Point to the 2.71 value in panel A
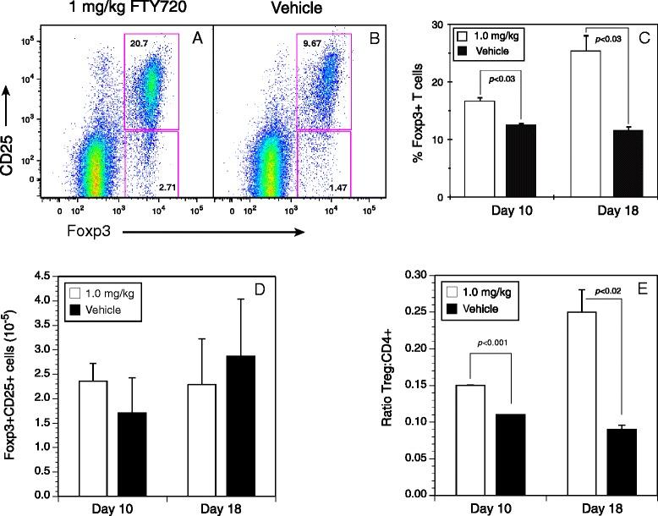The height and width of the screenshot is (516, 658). pyautogui.click(x=185, y=183)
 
